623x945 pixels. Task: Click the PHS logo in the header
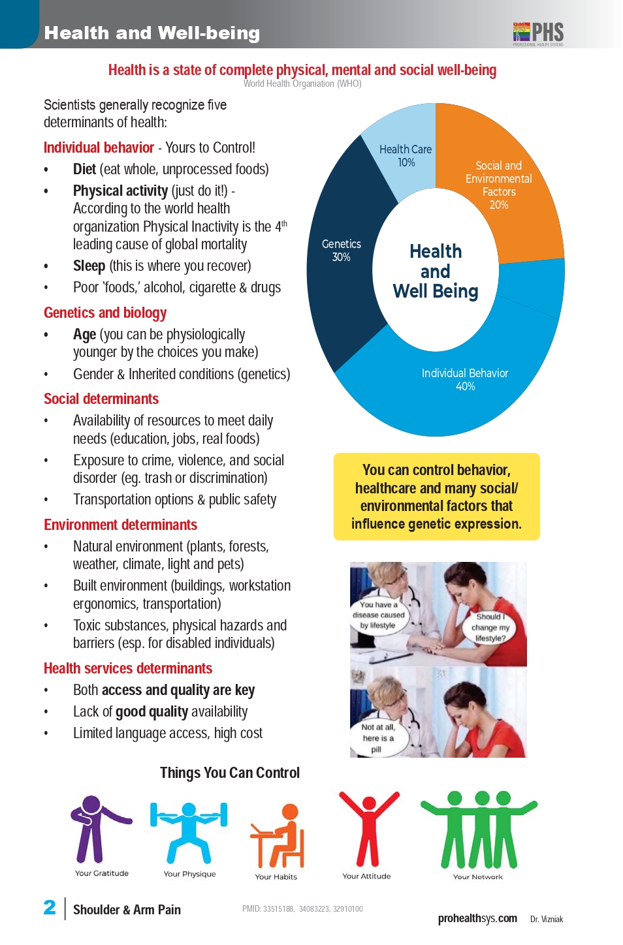538,33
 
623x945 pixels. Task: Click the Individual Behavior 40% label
465,379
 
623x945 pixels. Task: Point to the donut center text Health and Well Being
436,271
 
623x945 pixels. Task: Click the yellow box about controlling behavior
436,497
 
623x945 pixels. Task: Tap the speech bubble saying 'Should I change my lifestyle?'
490,627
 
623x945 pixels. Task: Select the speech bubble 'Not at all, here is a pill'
378,737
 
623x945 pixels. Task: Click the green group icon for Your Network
479,829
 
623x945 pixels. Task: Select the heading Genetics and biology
105,313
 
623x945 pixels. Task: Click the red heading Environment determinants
120,525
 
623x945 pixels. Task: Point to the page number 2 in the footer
50,907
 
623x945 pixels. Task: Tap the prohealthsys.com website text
477,918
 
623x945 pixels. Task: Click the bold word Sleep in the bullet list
89,266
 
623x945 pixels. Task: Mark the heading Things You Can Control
230,773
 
